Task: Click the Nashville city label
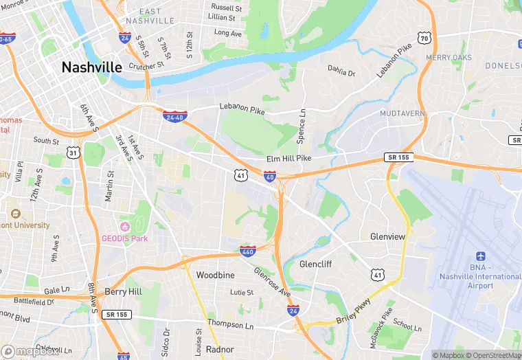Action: tap(91, 67)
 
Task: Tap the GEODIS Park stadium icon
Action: tap(124, 227)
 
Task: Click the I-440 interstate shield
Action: tap(248, 251)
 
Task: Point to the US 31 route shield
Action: tap(73, 153)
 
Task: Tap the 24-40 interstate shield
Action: tap(173, 115)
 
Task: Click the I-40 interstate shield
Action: tap(270, 177)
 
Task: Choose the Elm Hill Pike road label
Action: tap(288, 159)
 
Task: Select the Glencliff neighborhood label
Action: tap(316, 264)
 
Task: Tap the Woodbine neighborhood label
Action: tap(215, 275)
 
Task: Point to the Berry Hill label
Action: tap(123, 291)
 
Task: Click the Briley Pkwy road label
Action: tap(353, 314)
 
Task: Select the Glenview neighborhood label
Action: tap(387, 236)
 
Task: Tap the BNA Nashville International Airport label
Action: tap(480, 277)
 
